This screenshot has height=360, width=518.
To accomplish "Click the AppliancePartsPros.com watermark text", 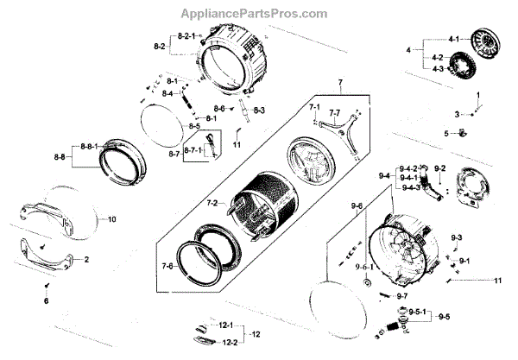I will pos(255,14).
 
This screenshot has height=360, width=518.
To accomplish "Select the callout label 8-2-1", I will pos(187,35).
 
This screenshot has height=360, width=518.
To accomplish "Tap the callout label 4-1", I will pos(452,40).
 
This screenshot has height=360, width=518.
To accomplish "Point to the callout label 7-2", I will pos(212,202).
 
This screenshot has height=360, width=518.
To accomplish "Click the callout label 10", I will pos(111,219).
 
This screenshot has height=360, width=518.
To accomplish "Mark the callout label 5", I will pos(446,133).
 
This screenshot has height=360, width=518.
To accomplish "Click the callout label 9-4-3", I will pos(409,187).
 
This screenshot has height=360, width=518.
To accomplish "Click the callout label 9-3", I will pos(457,237).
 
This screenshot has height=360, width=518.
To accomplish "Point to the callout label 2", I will pos(86,258).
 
